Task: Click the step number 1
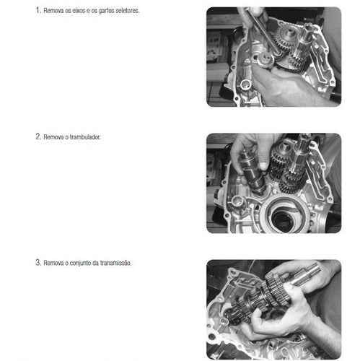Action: pos(38,10)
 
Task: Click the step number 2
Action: pos(38,136)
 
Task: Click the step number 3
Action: pos(38,262)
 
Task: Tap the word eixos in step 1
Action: pos(79,11)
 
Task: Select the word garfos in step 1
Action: pos(106,11)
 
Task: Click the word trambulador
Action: pos(85,137)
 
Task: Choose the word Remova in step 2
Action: pos(53,137)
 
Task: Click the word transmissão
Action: pos(116,263)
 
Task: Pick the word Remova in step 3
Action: pos(53,263)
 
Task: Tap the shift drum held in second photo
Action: pos(251,171)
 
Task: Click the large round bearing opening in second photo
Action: pos(286,215)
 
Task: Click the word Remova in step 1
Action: pos(53,11)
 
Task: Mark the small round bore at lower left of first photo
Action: pos(245,84)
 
